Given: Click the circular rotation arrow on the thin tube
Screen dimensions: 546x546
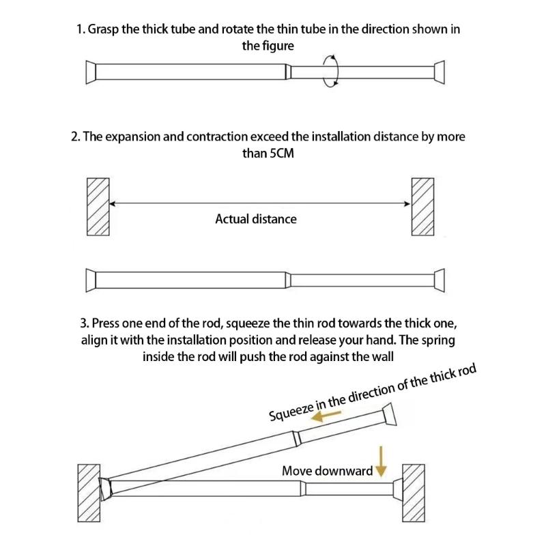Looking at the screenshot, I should (332, 71).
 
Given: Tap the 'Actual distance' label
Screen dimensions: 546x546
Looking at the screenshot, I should (256, 219).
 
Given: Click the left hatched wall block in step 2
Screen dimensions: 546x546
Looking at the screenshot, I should (98, 207).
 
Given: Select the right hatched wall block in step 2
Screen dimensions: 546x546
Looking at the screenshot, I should (422, 207).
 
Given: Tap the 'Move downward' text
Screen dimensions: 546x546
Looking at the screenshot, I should (328, 471).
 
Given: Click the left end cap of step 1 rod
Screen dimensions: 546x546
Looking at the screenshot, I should (90, 72).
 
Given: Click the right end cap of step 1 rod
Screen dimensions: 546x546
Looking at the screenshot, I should (440, 72).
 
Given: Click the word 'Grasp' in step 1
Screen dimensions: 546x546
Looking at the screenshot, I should (103, 31).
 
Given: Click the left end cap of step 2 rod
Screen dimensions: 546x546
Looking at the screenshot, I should (90, 280).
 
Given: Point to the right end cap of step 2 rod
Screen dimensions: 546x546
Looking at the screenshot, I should (440, 280).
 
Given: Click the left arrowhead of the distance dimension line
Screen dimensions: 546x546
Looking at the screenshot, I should (113, 203).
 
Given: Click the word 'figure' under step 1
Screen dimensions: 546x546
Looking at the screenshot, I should (277, 46).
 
